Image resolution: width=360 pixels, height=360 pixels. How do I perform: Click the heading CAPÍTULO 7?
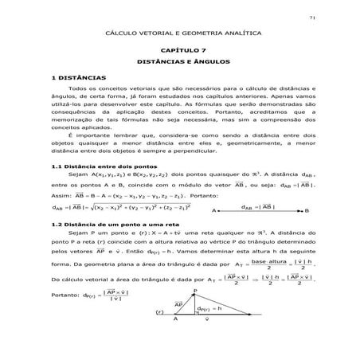point(180,50)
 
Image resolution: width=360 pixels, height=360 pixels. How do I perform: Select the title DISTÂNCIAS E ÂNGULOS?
point(180,61)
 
